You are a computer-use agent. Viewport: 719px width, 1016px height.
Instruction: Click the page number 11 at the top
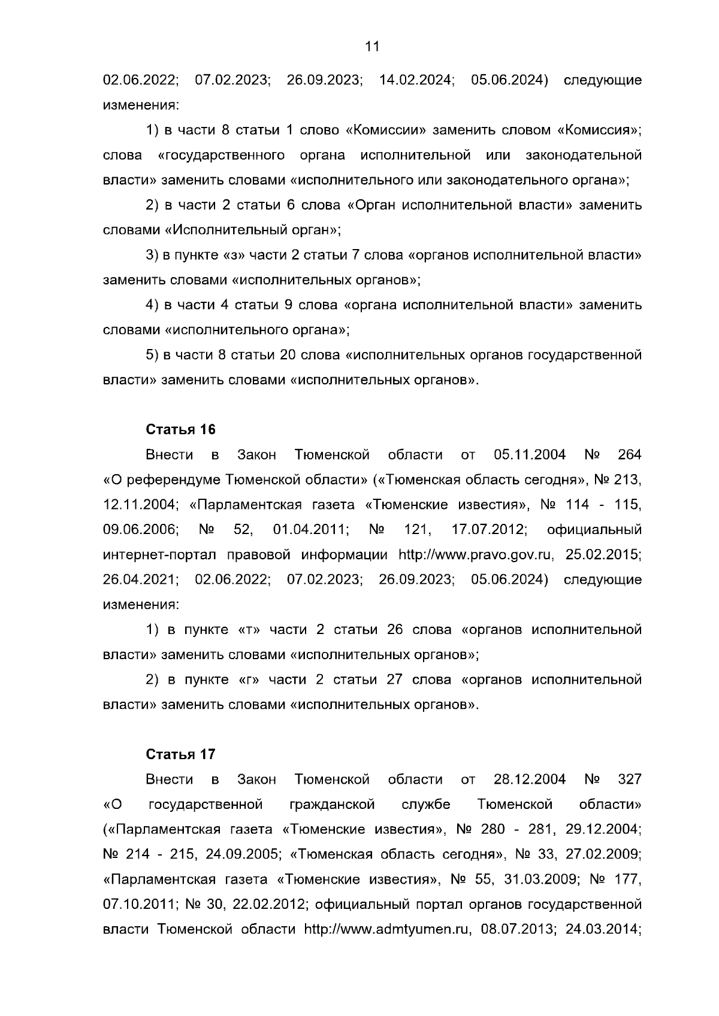(371, 47)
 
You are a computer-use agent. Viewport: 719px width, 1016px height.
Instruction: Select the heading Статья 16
(180, 429)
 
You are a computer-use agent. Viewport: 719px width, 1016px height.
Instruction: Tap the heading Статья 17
(180, 754)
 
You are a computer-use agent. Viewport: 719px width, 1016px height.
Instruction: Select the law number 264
(629, 455)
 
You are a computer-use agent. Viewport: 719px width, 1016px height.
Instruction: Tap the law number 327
(629, 780)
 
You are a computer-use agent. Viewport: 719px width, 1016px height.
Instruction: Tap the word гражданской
(332, 805)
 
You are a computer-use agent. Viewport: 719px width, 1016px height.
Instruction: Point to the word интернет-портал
(159, 554)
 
